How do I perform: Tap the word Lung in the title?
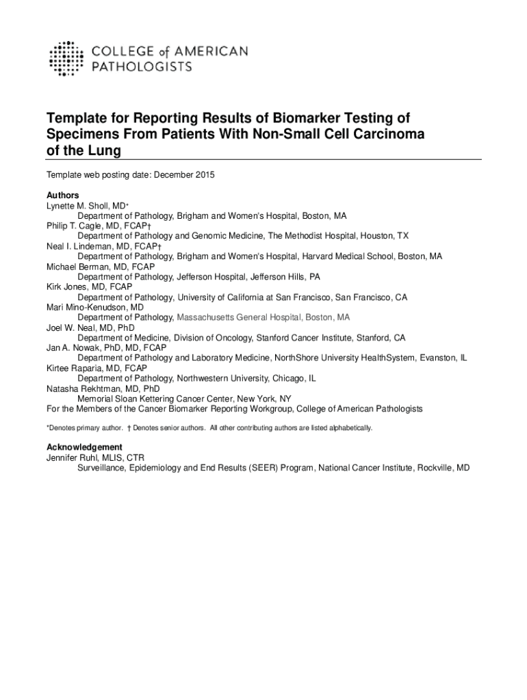coord(104,150)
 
